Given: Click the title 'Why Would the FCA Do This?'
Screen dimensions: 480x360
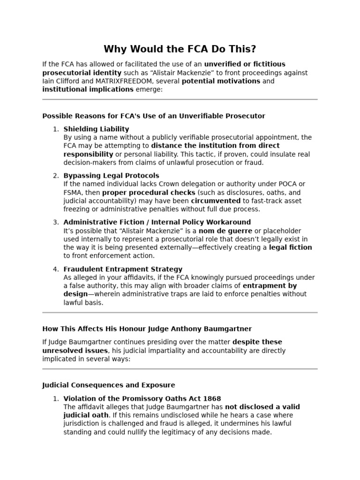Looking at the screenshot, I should click(x=180, y=49).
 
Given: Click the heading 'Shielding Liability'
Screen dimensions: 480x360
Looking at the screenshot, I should click(x=96, y=129).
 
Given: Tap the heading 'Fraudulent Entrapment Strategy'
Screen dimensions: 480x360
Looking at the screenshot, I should click(x=123, y=269).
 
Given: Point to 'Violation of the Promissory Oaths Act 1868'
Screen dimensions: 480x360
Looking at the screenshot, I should click(x=142, y=399).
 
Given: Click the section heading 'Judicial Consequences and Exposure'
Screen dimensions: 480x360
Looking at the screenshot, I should click(x=108, y=385).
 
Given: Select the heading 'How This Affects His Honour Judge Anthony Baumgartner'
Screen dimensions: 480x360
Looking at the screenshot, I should click(x=147, y=329).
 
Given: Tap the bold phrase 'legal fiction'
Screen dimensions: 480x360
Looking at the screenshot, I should click(x=290, y=247).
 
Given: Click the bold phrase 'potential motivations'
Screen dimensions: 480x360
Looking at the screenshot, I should click(x=220, y=81).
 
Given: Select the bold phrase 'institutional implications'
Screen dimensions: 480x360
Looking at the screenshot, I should click(x=88, y=90).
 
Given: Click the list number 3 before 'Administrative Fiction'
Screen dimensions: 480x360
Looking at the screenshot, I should click(x=56, y=222).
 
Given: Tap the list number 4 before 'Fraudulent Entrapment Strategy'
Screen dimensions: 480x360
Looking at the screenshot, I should click(x=56, y=269).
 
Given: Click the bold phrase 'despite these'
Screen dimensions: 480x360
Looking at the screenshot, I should click(x=257, y=342).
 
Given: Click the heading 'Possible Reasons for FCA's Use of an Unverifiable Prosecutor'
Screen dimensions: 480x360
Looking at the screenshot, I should click(x=153, y=116).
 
